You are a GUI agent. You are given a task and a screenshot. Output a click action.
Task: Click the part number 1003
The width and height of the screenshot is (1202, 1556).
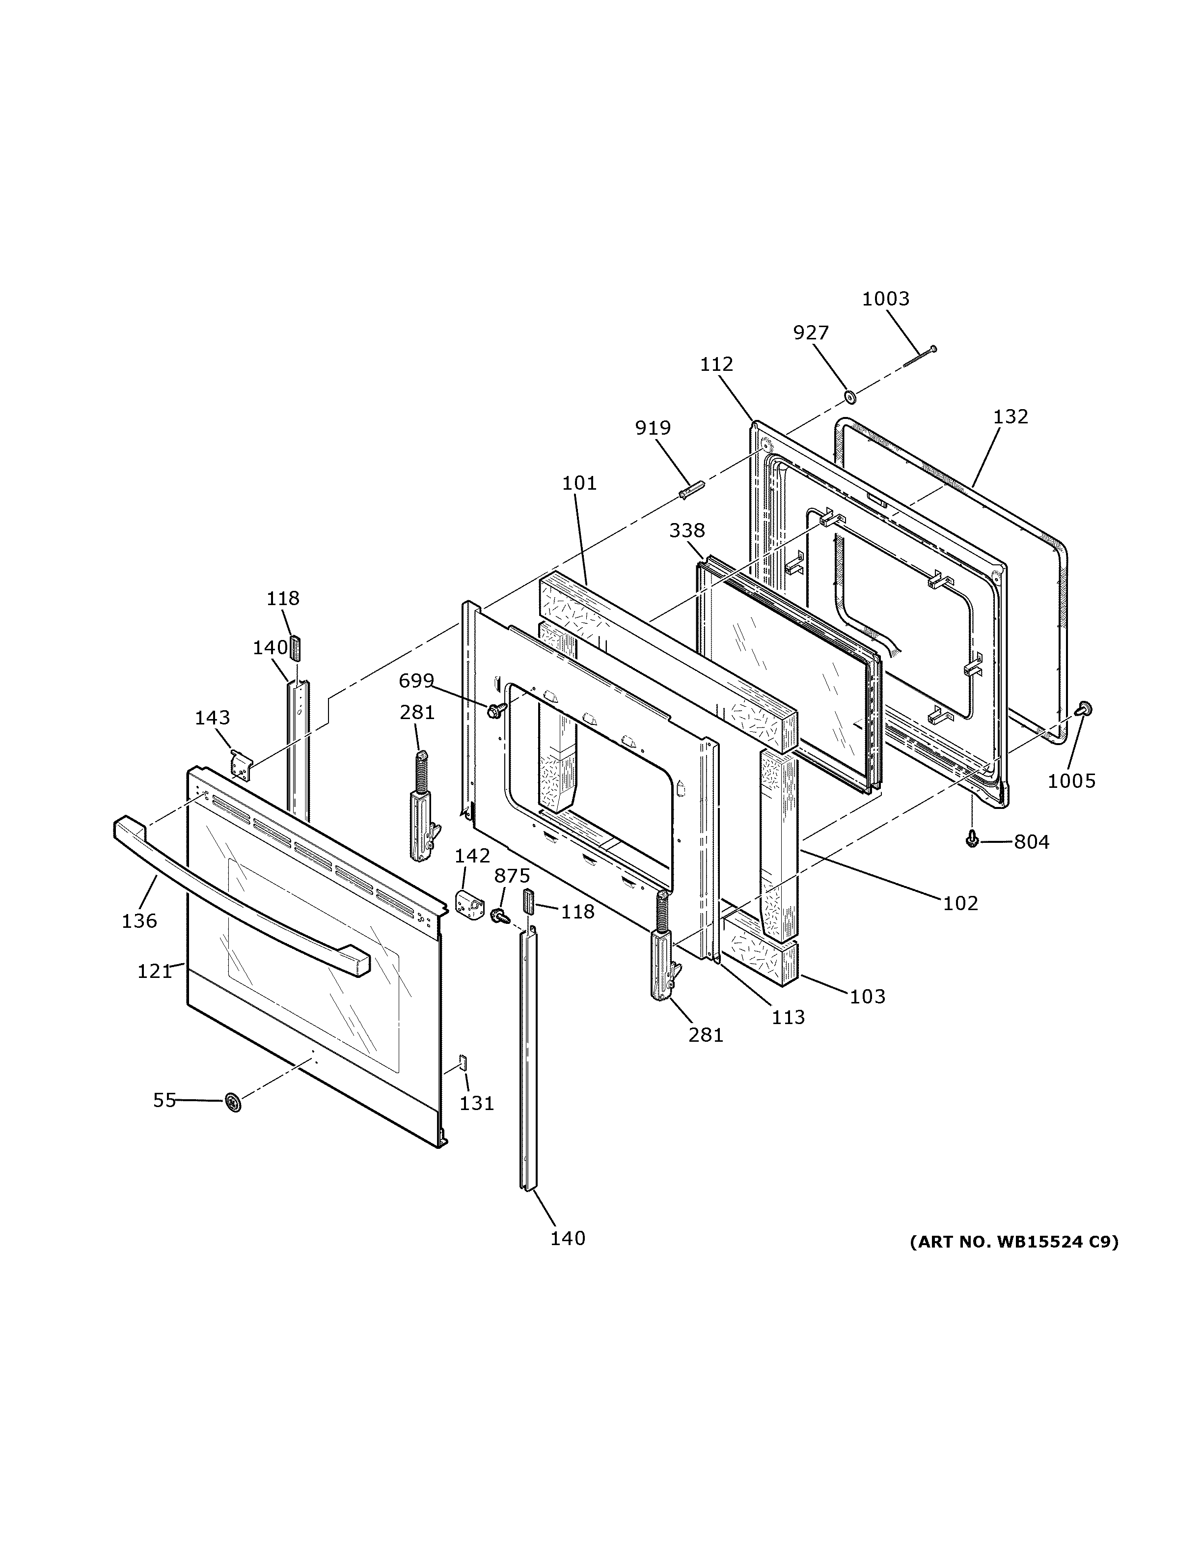click(885, 299)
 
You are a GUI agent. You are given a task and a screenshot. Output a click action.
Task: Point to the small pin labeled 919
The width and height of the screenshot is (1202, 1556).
click(691, 491)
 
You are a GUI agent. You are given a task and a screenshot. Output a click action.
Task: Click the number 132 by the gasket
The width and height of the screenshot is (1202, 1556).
click(1010, 417)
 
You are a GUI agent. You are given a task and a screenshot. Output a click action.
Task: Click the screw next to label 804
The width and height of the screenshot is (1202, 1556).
click(971, 841)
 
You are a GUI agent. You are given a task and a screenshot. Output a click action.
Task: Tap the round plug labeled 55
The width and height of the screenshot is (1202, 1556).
click(232, 1102)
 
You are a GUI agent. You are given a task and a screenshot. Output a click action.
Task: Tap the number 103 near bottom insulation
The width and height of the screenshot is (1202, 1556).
click(867, 996)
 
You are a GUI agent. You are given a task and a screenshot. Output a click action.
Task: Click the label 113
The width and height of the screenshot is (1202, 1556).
click(788, 1017)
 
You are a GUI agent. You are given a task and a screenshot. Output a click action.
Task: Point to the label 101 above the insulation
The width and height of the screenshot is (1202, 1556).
click(579, 483)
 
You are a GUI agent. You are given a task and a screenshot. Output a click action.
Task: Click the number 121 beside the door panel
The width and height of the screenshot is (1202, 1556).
click(155, 971)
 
